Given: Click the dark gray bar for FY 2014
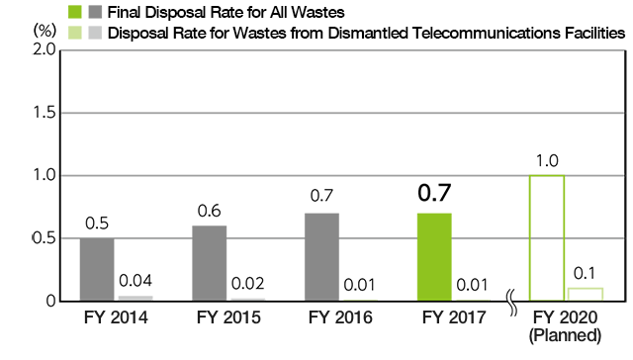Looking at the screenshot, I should click(97, 269).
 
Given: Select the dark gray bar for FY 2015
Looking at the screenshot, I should click(210, 263).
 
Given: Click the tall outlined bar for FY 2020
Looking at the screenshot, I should click(547, 237).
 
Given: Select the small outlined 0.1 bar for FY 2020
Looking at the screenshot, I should click(585, 294).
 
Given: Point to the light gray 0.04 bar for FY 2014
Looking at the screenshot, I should click(136, 298).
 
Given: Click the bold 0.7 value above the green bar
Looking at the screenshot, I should click(434, 193).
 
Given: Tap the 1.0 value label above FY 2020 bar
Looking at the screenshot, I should click(547, 161).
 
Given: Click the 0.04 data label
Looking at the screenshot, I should click(136, 280).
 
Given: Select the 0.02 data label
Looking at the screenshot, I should click(248, 282).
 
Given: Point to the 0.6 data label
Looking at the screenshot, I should click(210, 212).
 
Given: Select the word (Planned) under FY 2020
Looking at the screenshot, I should click(566, 336).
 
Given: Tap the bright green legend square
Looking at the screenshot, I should click(76, 13).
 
